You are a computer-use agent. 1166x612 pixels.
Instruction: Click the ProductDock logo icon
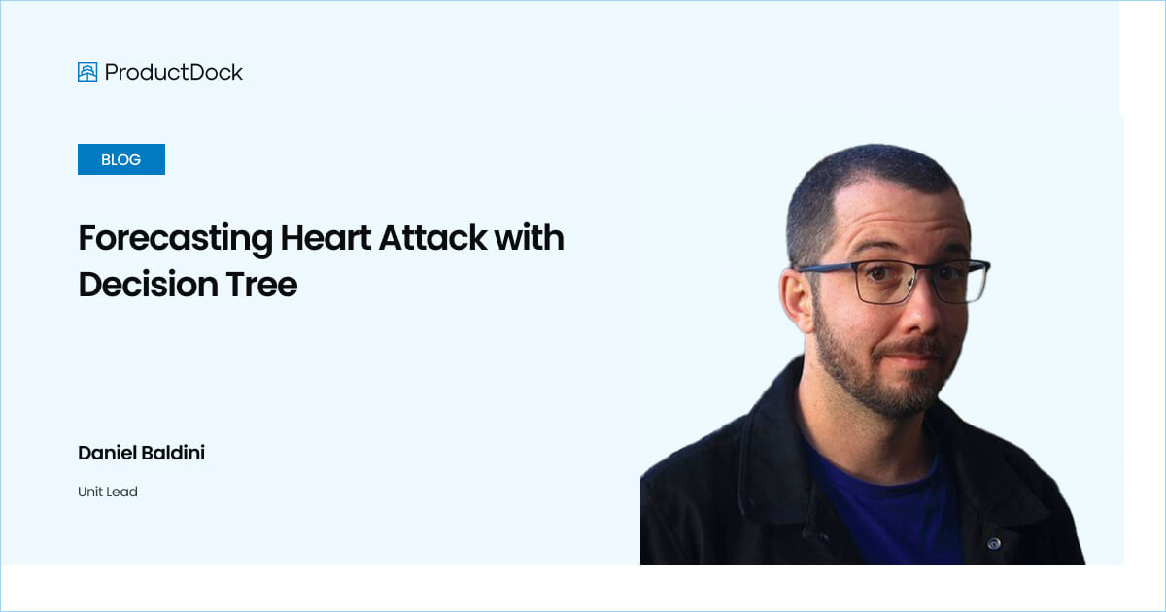87,72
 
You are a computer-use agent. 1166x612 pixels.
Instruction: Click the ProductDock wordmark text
174,72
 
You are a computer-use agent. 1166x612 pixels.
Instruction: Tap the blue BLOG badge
121,159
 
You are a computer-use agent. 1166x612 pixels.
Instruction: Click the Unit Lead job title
108,492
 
